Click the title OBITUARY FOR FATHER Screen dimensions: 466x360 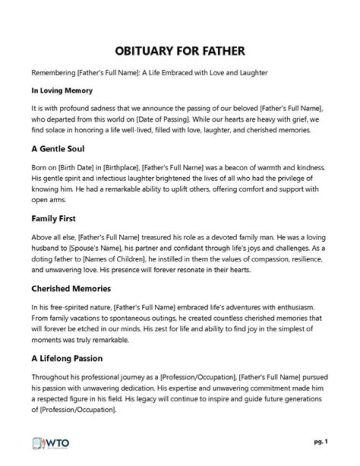coord(180,52)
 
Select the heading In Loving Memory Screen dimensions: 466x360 coord(62,91)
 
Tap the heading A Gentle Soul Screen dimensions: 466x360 coord(58,149)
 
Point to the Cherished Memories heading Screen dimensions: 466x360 coord(71,289)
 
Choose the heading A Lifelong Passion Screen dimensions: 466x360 coord(67,358)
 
